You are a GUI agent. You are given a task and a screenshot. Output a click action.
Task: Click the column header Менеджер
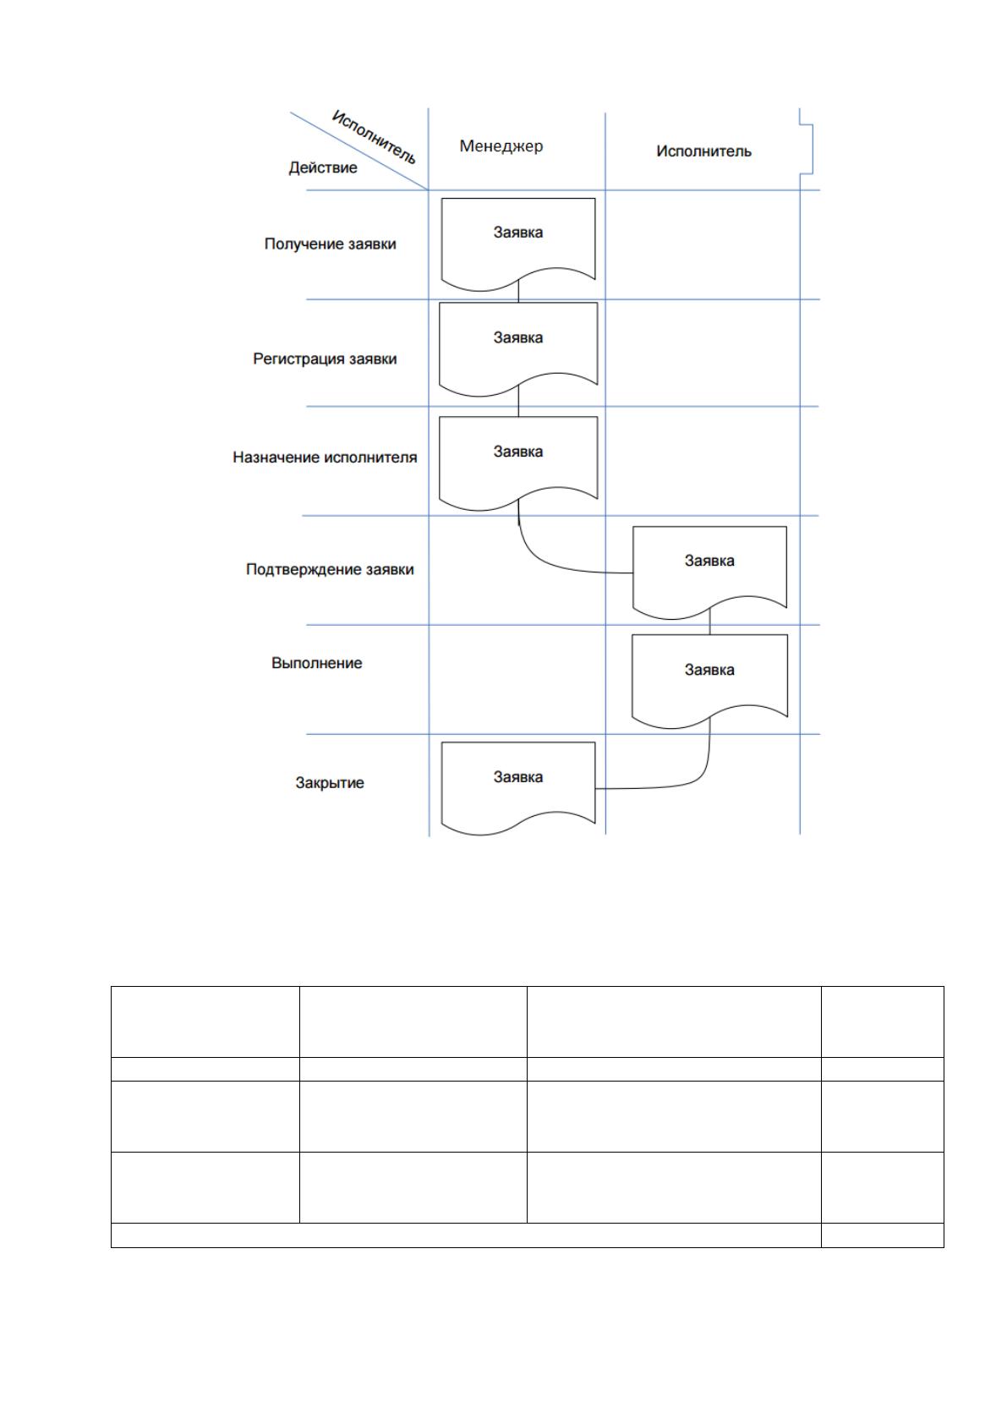click(501, 146)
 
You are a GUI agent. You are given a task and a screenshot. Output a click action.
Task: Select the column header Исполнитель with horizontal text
click(703, 151)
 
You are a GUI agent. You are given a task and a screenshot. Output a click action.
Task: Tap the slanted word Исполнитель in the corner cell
click(374, 137)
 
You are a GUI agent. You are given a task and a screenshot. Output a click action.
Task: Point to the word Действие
click(323, 167)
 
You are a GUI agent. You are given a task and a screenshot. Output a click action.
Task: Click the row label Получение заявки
click(330, 244)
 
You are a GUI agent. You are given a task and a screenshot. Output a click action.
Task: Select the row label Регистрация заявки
click(325, 359)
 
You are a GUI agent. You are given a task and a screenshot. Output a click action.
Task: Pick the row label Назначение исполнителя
click(325, 457)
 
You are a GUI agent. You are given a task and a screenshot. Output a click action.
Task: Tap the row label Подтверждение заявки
click(330, 570)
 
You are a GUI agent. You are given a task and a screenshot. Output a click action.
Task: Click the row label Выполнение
click(316, 663)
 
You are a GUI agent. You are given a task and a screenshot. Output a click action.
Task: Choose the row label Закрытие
click(329, 783)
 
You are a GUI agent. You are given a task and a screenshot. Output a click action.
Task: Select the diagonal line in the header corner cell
click(359, 151)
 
